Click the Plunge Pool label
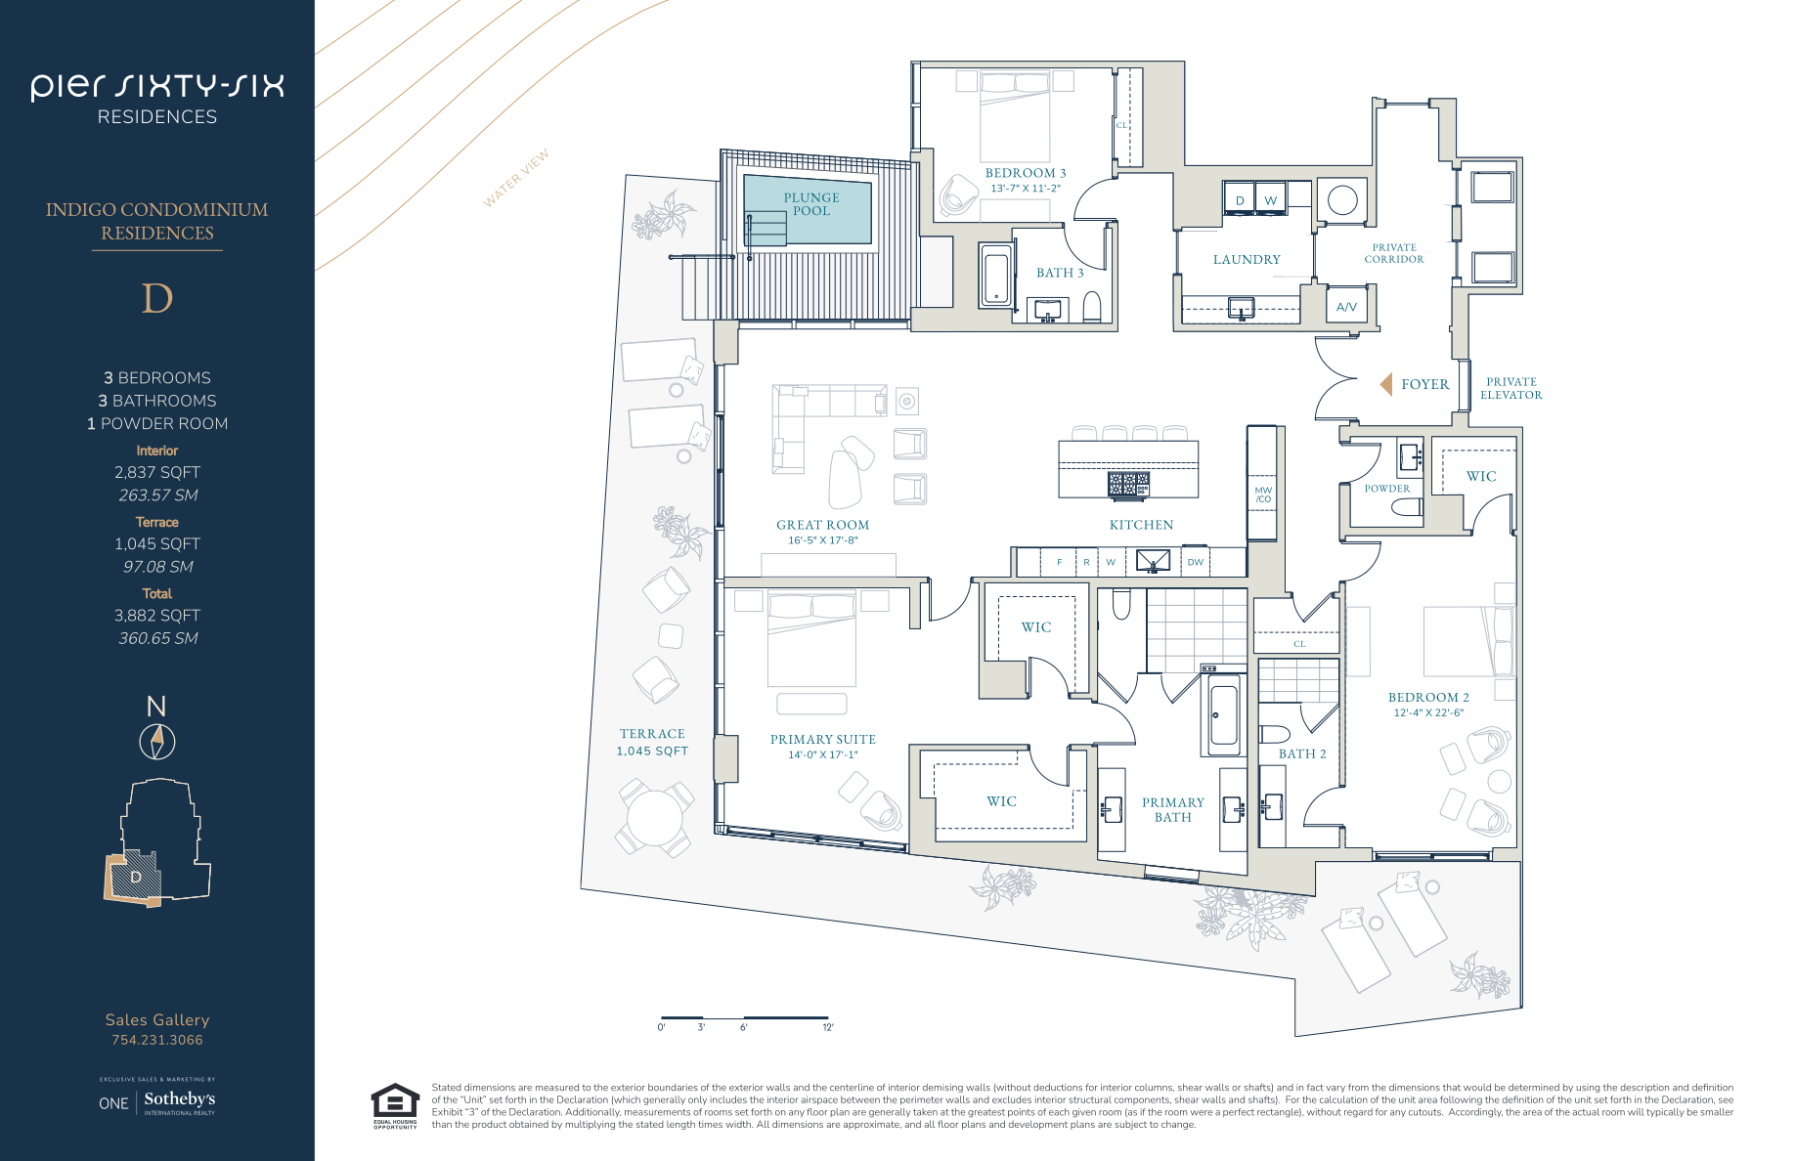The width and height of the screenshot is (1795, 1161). pos(811,204)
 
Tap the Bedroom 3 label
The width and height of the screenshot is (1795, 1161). pos(1026,173)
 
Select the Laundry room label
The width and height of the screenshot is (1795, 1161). pos(1247,259)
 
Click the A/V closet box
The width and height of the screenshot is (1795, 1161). pos(1347,307)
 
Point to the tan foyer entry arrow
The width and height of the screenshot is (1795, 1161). pos(1386,384)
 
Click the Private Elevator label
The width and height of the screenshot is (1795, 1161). pos(1511,388)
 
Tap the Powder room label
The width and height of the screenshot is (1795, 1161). pos(1387,489)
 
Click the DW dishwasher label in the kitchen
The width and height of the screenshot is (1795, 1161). pos(1196,562)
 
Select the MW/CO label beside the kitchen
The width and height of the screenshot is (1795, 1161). pos(1263,494)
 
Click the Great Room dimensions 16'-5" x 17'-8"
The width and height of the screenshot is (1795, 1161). pos(823,540)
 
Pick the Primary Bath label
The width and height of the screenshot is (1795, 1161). pos(1173,809)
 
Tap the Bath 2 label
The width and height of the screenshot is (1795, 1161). pos(1302,753)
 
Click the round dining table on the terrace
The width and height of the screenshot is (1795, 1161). pos(654,818)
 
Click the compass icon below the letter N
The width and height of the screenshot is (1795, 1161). pos(156,742)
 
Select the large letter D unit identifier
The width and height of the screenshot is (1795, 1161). pos(157,298)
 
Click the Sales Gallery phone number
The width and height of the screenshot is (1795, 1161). pos(157,1040)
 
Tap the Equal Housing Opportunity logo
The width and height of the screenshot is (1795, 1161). pos(395,1106)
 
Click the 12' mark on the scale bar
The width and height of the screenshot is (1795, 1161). pos(828,1027)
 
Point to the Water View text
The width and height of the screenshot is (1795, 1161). pos(516,178)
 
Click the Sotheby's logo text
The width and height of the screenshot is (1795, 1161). pos(180,1099)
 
